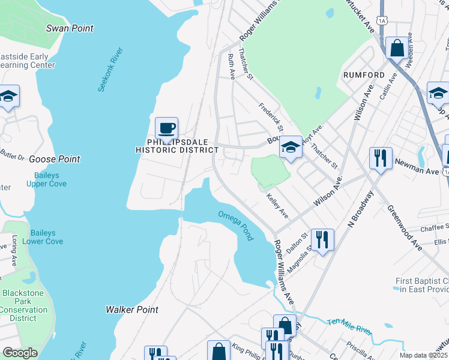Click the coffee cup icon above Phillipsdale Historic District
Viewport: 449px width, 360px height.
(x=166, y=128)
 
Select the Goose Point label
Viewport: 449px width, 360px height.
(x=55, y=159)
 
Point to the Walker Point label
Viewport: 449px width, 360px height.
(x=132, y=310)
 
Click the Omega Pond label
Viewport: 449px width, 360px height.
(x=235, y=225)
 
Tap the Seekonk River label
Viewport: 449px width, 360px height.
(x=110, y=70)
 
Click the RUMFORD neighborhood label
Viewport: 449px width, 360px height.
(x=364, y=74)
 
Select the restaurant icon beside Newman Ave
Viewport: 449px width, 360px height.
(x=380, y=158)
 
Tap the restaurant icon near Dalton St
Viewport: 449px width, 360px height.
(x=322, y=241)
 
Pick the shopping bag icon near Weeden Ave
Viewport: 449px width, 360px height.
(x=396, y=47)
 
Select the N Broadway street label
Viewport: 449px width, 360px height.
(x=361, y=209)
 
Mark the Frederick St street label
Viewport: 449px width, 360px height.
(x=271, y=117)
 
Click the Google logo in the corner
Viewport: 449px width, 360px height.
(x=20, y=353)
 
